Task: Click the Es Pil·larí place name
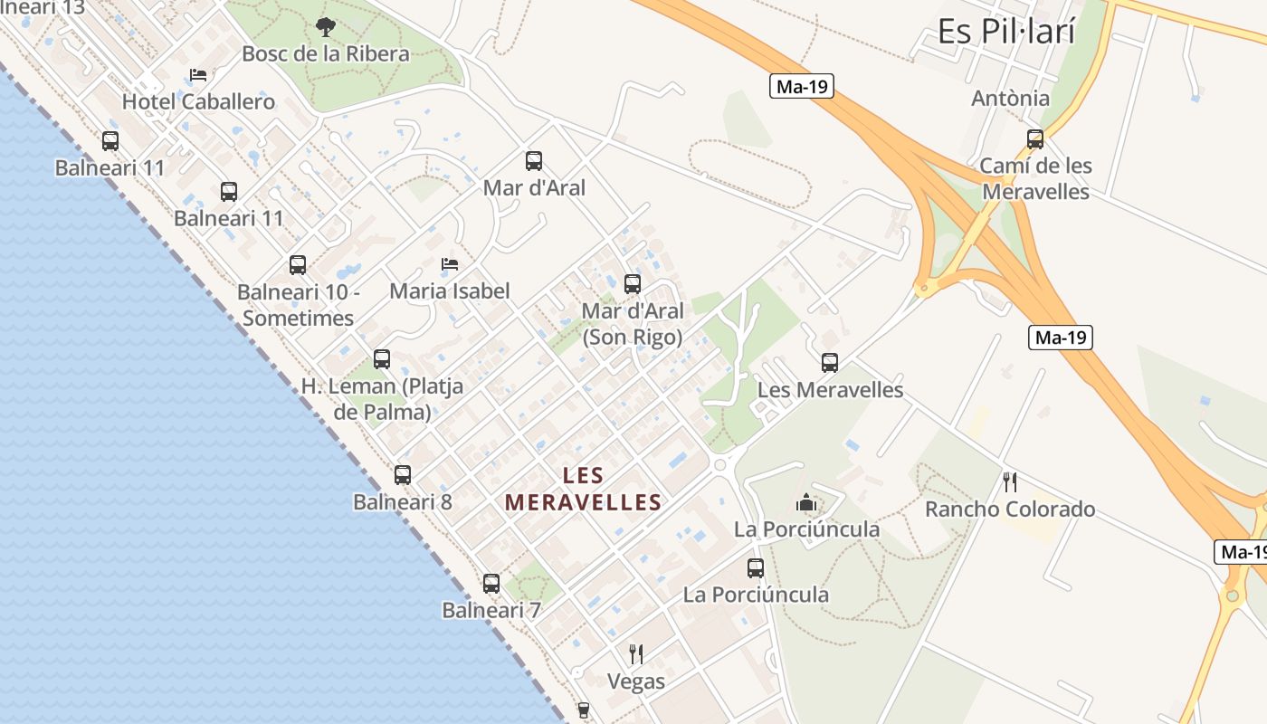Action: pos(1005,32)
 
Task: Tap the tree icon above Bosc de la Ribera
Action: pos(326,27)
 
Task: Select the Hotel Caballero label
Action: pos(198,101)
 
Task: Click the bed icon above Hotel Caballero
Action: pos(198,75)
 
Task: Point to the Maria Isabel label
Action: pos(449,291)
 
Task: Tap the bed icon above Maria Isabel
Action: pos(450,264)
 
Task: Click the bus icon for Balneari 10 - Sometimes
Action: pos(298,265)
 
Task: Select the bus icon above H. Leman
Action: pos(382,359)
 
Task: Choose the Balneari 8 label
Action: pos(402,501)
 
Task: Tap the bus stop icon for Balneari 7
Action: pos(491,584)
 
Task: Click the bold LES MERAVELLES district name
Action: pos(583,489)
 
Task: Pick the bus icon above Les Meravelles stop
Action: pos(830,363)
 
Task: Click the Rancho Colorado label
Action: pos(1009,510)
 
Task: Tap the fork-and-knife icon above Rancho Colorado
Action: pos(1010,482)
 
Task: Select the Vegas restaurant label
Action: pos(635,681)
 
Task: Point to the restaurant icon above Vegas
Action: pos(636,653)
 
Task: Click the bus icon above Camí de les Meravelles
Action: pos(1035,139)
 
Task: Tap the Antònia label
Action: pos(1010,99)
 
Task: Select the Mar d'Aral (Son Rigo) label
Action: pos(632,324)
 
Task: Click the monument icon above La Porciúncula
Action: pos(806,502)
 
